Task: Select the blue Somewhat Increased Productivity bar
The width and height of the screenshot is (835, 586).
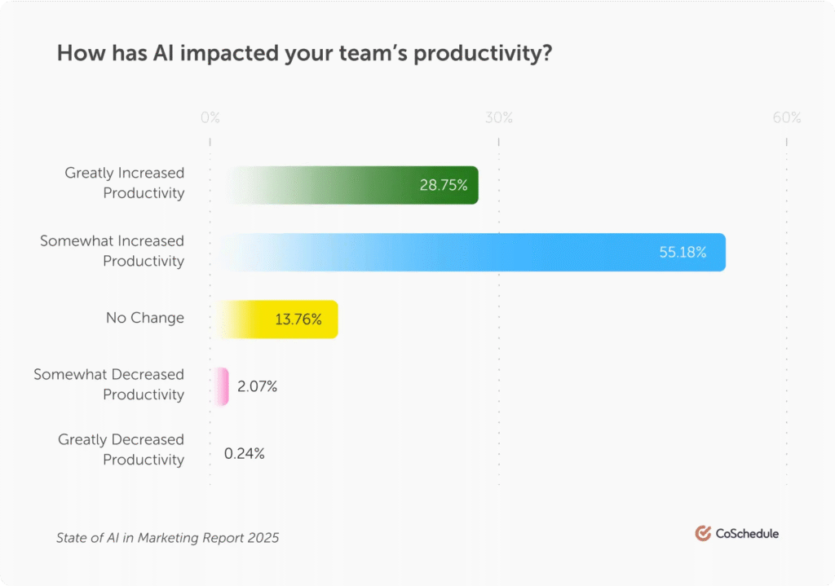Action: click(x=473, y=251)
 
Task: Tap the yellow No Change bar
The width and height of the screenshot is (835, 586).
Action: click(x=277, y=318)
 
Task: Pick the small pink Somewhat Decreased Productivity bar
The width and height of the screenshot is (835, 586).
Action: click(x=221, y=386)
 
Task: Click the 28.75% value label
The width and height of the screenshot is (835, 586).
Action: click(x=444, y=185)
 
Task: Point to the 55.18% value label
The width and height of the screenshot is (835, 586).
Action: click(x=683, y=252)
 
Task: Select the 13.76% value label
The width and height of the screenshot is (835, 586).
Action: click(x=298, y=319)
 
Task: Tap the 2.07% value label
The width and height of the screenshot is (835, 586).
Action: click(x=257, y=386)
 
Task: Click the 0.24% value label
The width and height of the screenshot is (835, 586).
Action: click(x=245, y=453)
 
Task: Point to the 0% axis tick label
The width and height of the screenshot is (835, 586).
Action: click(x=210, y=118)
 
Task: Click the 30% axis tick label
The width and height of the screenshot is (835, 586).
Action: click(x=499, y=118)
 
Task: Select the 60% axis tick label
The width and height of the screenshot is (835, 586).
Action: click(x=787, y=118)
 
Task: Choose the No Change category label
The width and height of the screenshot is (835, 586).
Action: click(x=145, y=318)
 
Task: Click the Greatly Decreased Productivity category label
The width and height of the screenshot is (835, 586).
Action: click(x=121, y=450)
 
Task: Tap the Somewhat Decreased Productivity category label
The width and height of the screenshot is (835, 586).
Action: click(x=109, y=385)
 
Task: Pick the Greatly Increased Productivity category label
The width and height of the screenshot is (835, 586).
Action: click(x=125, y=183)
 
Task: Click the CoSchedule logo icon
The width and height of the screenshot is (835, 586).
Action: click(x=703, y=534)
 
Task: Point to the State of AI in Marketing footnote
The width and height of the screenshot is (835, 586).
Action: click(x=167, y=538)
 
